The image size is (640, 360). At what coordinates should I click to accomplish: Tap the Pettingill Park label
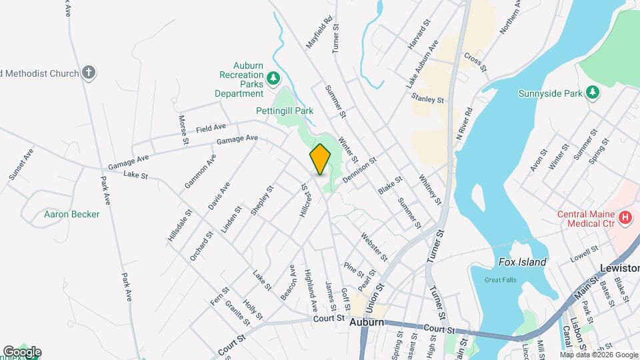coord(285,111)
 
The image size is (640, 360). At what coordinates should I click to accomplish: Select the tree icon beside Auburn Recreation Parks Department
coord(273,80)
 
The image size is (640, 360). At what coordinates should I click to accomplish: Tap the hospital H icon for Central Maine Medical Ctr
coord(625,217)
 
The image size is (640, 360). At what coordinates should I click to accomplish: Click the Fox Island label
coord(522,262)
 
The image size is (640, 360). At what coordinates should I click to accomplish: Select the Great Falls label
coord(500,280)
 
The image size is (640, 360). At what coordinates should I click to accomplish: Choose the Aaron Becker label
coord(71,214)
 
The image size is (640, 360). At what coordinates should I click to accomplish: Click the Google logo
coord(22,352)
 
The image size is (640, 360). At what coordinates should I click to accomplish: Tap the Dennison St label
coord(360,170)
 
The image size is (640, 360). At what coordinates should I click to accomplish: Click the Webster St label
coord(374,246)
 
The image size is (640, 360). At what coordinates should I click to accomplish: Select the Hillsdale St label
coord(180,225)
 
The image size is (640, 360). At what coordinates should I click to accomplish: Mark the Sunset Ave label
coord(21,164)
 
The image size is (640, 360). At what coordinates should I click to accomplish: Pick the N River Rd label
coord(464,123)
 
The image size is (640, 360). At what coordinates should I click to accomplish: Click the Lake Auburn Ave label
coord(423,64)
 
